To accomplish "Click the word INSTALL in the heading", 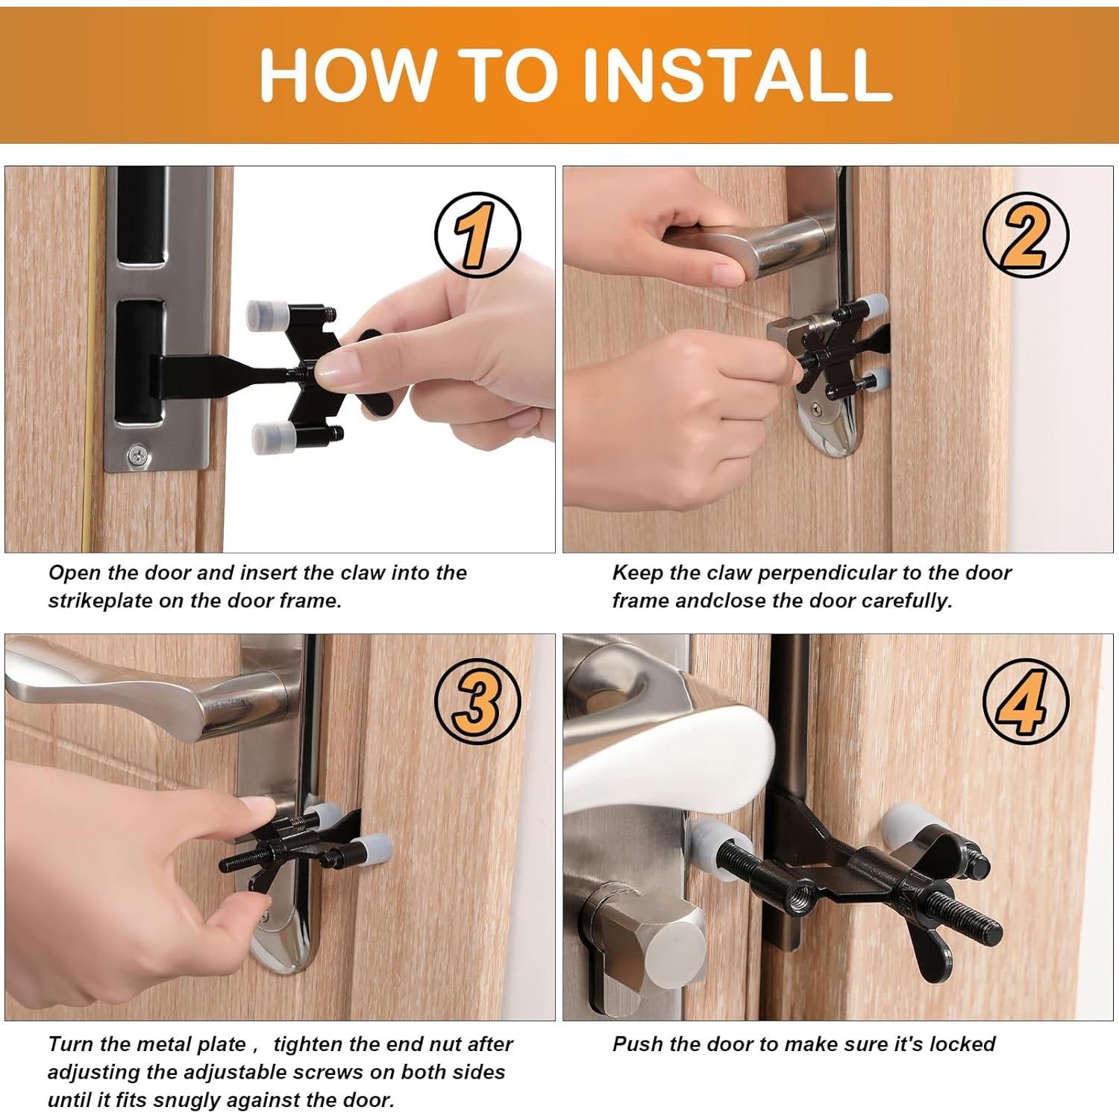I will pyautogui.click(x=736, y=75).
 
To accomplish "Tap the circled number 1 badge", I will pyautogui.click(x=477, y=235).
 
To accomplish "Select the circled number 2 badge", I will pyautogui.click(x=1026, y=235).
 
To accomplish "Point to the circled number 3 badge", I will pyautogui.click(x=477, y=701).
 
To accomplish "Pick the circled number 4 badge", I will pyautogui.click(x=1026, y=701).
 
